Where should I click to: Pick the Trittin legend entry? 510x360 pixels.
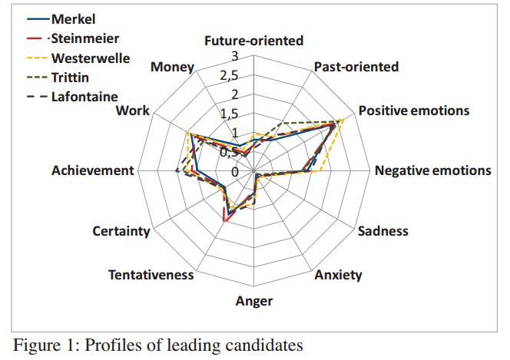70,78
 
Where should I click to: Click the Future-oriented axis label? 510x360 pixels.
253,41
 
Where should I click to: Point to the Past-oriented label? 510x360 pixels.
356,67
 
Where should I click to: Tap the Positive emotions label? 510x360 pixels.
413,111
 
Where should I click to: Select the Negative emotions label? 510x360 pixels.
432,170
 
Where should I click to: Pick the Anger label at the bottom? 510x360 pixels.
253,301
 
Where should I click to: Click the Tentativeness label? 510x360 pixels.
151,275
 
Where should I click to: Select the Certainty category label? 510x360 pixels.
121,231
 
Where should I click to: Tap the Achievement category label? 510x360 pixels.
92,170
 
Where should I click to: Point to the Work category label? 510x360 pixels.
132,111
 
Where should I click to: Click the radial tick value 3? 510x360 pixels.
235,56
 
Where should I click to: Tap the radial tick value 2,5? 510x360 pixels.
230,76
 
